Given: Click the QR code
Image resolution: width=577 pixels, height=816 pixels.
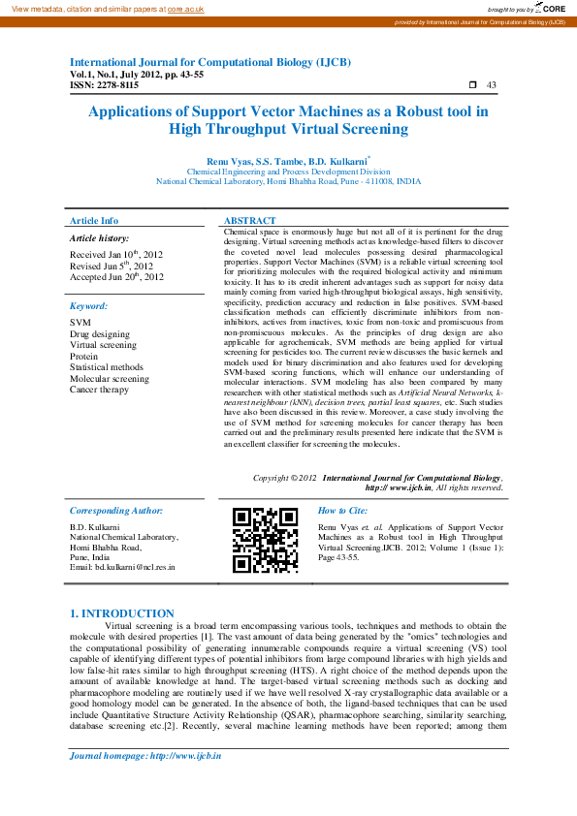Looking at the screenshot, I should point(265,541).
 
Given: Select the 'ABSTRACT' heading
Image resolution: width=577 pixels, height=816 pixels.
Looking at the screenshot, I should point(249,222).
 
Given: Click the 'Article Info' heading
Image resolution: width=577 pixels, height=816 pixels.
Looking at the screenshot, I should point(94,222).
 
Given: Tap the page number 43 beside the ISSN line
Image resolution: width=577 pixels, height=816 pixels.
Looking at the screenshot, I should point(492,85).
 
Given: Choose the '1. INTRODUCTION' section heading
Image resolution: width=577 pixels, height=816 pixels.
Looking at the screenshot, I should point(123,613).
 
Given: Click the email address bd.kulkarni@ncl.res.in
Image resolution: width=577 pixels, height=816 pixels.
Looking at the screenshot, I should point(122,567).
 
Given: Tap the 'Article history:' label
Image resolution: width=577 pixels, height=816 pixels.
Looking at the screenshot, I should point(99,237).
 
